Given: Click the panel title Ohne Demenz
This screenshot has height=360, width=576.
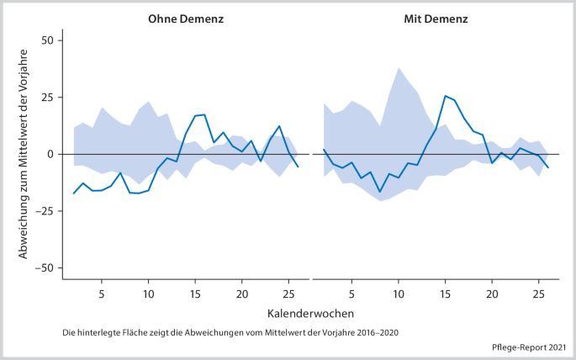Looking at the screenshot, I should [185, 18].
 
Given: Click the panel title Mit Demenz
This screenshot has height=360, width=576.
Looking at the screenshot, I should [436, 18].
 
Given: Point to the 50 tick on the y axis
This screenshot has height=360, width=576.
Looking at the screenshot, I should [46, 40].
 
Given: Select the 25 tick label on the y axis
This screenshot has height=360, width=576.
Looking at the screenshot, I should [46, 98].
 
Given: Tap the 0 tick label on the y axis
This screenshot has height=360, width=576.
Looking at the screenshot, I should [50, 155].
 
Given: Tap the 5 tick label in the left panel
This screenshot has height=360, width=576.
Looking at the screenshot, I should [102, 294].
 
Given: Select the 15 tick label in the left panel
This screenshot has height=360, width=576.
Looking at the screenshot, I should [195, 294].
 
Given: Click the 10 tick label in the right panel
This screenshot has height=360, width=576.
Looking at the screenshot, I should [399, 294].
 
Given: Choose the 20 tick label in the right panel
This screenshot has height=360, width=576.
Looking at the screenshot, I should [493, 294].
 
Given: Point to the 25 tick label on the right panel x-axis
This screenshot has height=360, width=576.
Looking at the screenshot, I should [539, 294].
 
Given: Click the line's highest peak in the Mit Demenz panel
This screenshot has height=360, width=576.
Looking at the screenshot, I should [446, 96].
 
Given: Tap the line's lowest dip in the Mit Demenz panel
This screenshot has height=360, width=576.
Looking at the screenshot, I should [380, 192].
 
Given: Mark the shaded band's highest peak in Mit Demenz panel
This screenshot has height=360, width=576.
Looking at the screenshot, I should [399, 68].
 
